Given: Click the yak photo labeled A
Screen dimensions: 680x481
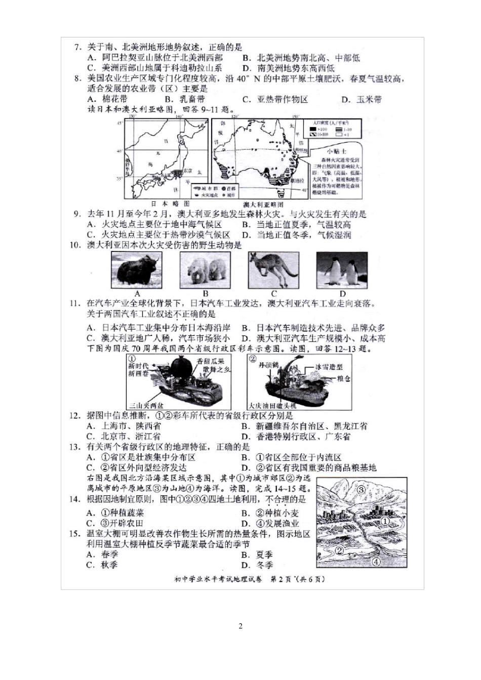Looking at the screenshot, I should [x=137, y=270].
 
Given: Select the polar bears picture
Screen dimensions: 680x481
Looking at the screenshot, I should [x=205, y=270].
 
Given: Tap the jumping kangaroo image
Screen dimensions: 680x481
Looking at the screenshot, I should [x=273, y=270].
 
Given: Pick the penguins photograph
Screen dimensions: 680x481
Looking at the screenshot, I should [x=342, y=270].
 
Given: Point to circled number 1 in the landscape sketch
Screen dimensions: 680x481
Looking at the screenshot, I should [x=385, y=521].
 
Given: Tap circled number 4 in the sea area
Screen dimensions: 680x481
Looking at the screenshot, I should [x=376, y=561].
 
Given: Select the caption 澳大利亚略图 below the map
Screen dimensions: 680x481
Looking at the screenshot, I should [x=263, y=204].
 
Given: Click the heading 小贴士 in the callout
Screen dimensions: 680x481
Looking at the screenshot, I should [x=337, y=151].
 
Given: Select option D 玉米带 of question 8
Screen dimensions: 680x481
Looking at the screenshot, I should [x=362, y=99].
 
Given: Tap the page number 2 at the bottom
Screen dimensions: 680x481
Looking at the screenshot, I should [x=240, y=626].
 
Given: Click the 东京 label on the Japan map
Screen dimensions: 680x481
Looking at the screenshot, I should [x=187, y=171].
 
